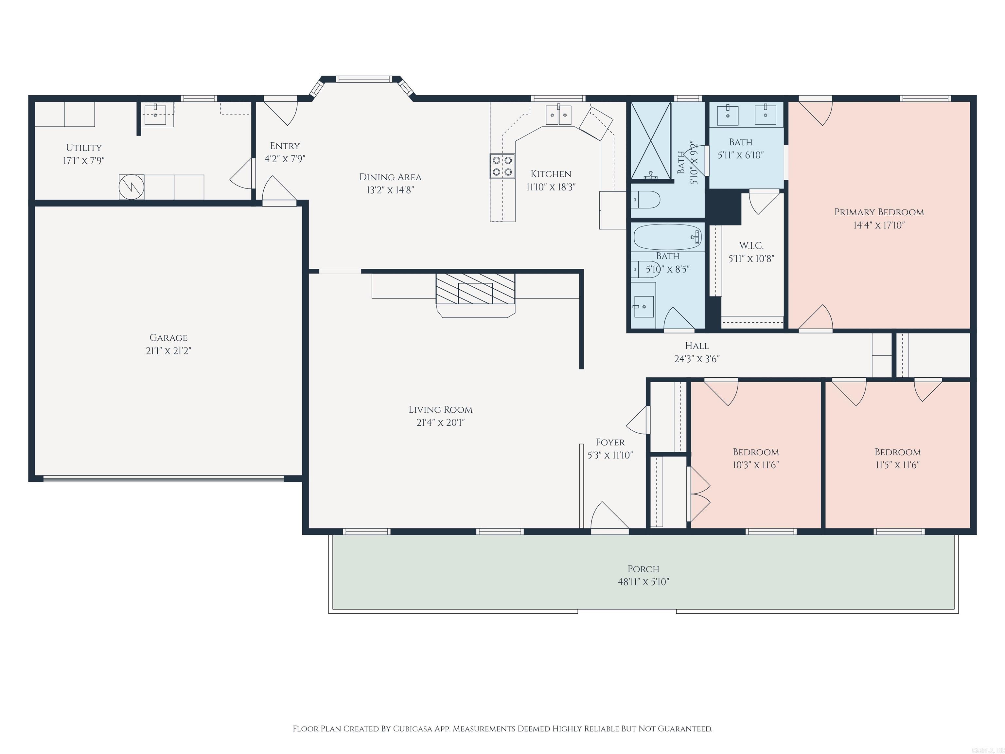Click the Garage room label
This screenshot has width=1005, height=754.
tap(168, 338)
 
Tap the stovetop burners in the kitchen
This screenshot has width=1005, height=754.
tap(502, 166)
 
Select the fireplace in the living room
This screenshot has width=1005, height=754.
tap(475, 289)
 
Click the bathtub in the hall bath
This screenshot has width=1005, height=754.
tap(667, 237)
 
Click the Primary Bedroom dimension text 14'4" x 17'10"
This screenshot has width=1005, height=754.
tap(879, 225)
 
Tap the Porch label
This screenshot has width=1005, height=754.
tap(643, 569)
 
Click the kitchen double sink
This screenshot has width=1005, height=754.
tap(558, 115)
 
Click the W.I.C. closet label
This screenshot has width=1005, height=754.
tap(751, 246)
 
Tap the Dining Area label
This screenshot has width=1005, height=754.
tap(390, 177)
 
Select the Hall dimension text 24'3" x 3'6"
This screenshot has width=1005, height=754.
tap(696, 359)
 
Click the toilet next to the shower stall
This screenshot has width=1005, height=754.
tap(646, 199)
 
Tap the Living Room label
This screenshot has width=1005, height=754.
tap(440, 409)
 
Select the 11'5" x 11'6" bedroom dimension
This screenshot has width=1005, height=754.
tap(897, 465)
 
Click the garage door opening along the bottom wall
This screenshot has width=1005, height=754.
tap(164, 478)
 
